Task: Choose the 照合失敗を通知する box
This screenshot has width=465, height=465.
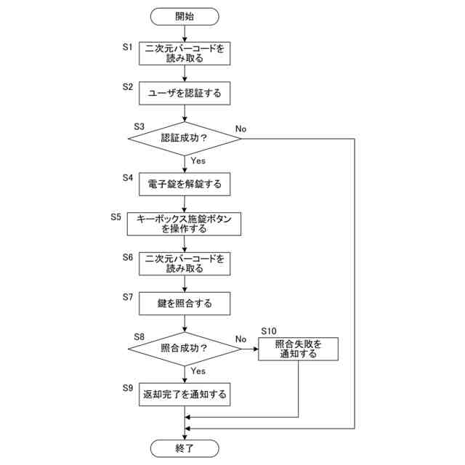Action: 298,349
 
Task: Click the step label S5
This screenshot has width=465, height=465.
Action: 116,217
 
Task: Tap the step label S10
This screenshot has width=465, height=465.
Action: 270,331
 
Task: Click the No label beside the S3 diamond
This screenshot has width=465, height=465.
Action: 240,129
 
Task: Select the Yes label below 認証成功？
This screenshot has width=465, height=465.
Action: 198,160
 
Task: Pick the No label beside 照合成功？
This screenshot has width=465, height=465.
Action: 240,339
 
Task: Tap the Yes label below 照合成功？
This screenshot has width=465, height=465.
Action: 198,371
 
